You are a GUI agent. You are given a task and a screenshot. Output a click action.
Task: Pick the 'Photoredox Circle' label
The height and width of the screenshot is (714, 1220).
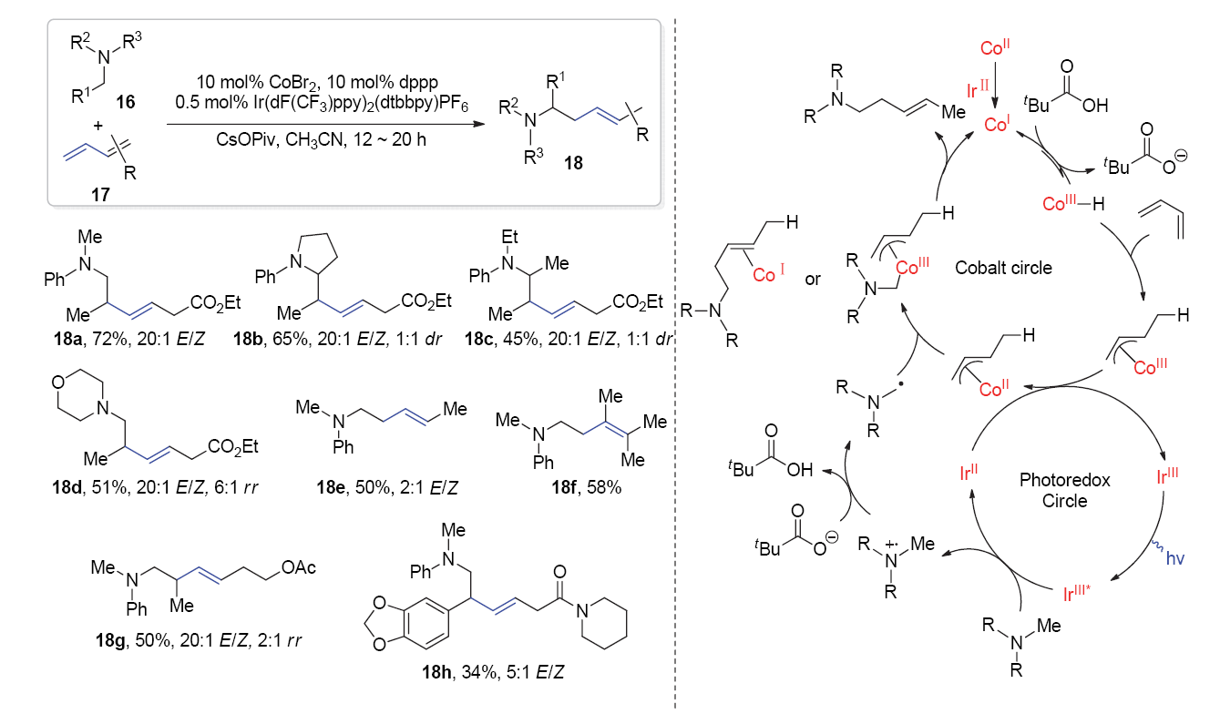(1064, 490)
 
